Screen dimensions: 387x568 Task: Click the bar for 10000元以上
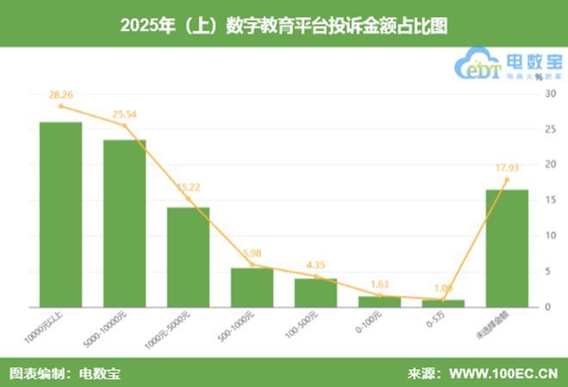click(x=61, y=214)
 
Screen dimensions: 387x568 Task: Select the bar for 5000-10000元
click(x=125, y=223)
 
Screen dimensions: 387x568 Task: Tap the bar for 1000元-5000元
click(x=188, y=256)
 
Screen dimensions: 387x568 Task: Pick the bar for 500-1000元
click(x=252, y=286)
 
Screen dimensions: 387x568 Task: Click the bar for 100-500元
click(x=316, y=292)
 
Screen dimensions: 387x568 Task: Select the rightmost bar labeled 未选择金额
click(x=507, y=248)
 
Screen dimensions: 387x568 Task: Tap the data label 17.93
click(x=504, y=167)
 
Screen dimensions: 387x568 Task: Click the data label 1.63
click(x=380, y=283)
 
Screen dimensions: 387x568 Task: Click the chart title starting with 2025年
click(x=284, y=24)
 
